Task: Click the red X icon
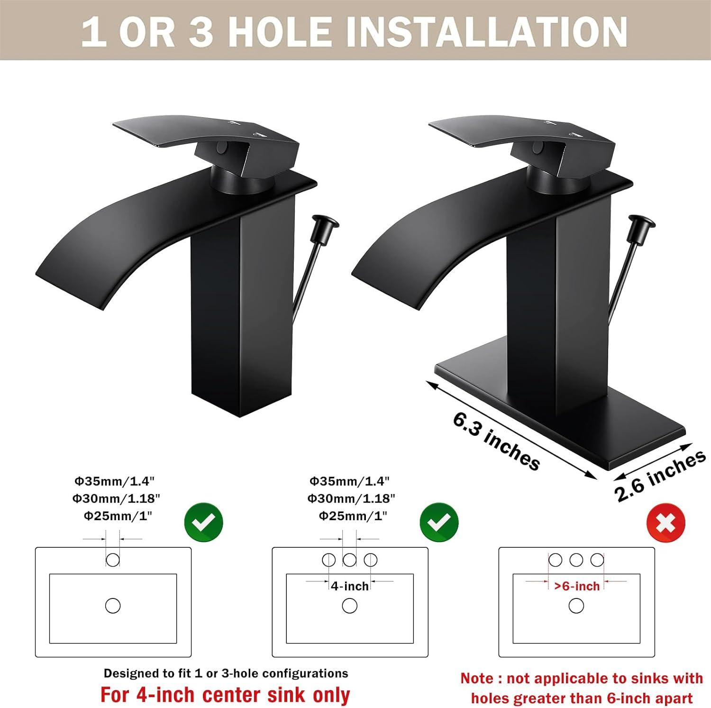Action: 665,524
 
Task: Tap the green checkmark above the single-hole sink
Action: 204,523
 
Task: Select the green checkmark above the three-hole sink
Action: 439,523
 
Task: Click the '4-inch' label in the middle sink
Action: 350,586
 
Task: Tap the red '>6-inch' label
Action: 577,586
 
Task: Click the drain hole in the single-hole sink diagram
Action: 113,606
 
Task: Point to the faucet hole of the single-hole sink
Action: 113,560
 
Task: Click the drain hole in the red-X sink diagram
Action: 576,606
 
